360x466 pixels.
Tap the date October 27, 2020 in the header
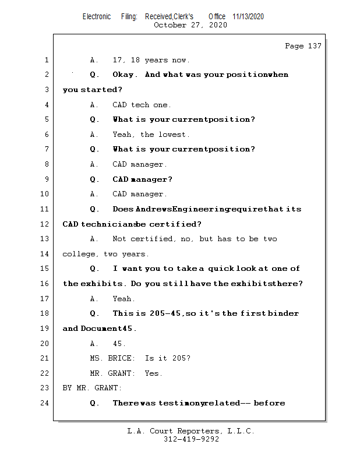[190, 25]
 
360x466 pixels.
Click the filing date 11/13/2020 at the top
[248, 17]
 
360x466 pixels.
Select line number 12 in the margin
[45, 224]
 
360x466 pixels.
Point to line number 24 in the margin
[45, 403]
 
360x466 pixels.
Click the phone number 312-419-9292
[191, 439]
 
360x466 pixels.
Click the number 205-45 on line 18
[167, 313]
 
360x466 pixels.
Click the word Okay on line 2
[125, 75]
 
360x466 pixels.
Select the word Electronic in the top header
[97, 17]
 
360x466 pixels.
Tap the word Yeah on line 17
[123, 298]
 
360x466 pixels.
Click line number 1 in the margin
[46, 60]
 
